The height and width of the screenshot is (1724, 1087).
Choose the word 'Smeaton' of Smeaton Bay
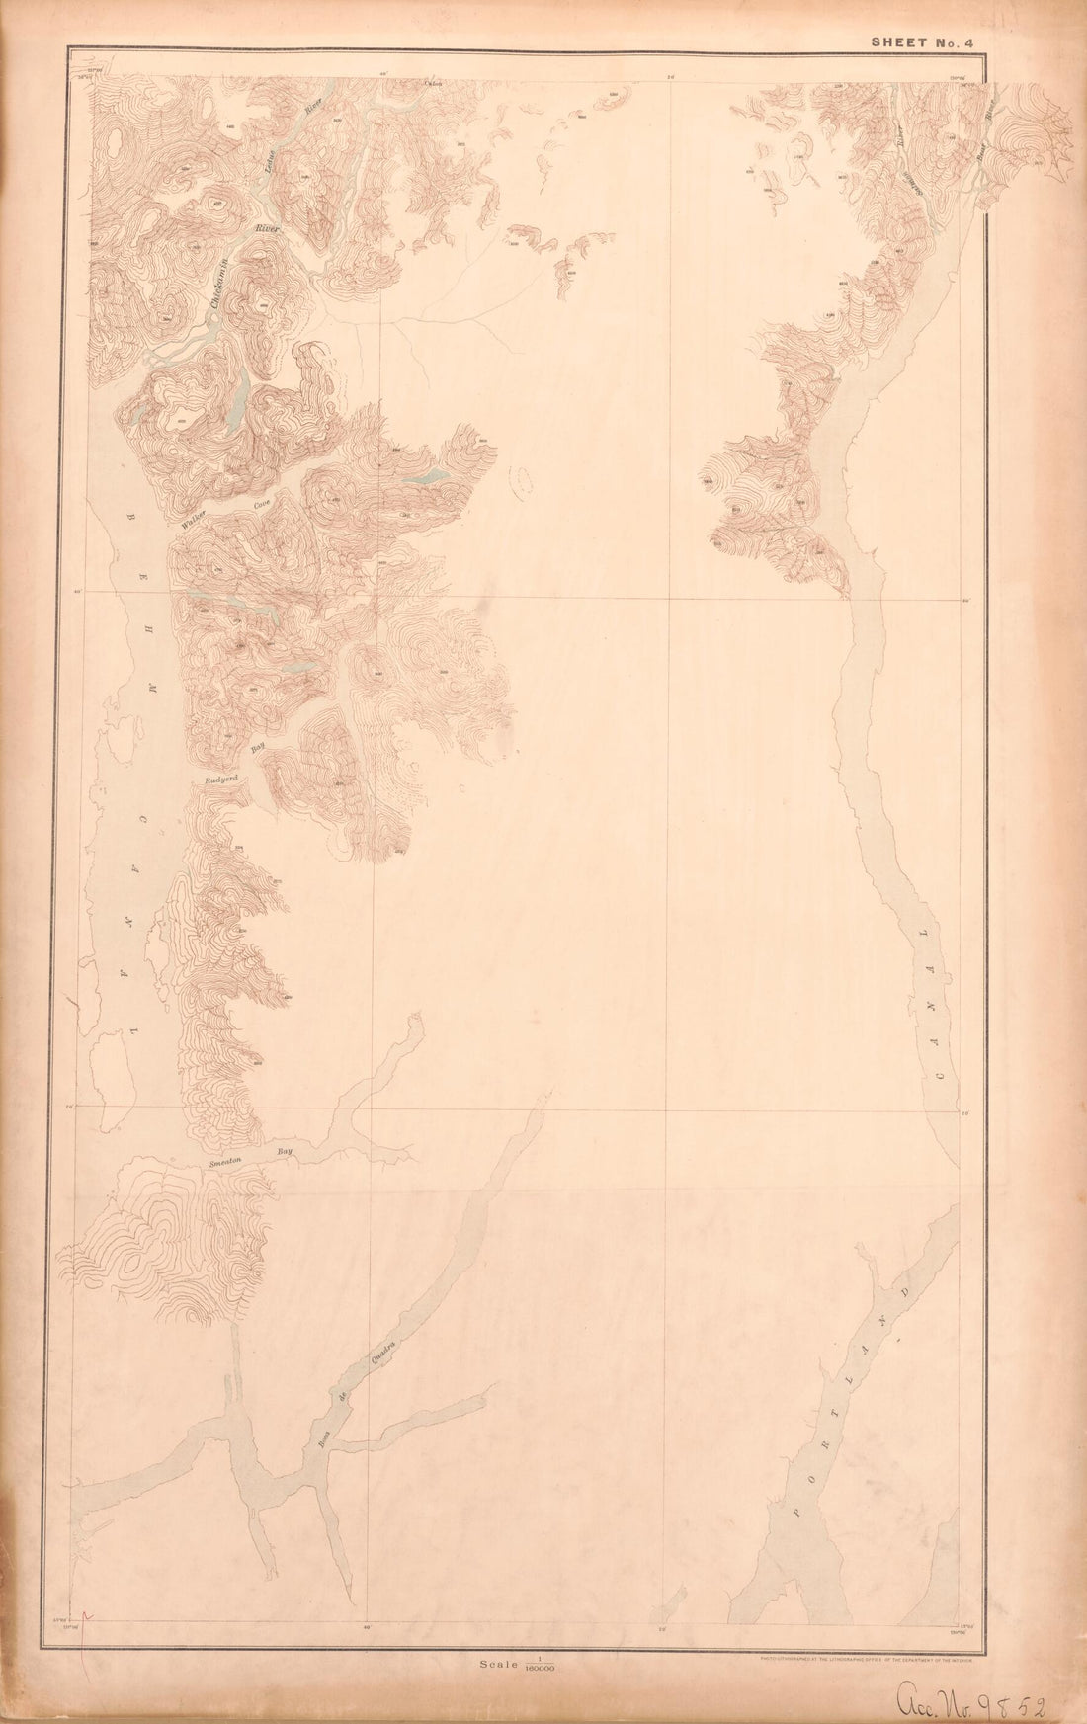click(x=230, y=1163)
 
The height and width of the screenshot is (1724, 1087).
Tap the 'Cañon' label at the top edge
click(x=432, y=84)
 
